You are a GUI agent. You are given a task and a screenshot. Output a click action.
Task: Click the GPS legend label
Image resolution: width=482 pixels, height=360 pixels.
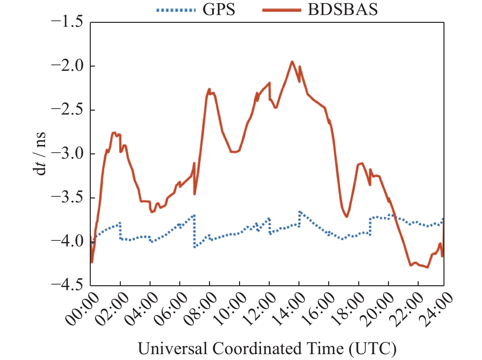[x=218, y=9]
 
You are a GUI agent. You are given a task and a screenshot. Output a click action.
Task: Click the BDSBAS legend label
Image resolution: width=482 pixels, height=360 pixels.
[x=343, y=9]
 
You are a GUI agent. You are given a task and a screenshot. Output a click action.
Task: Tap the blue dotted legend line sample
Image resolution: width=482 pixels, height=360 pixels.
[x=176, y=10]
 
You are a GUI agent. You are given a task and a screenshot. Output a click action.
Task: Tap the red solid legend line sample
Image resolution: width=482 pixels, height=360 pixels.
[x=281, y=10]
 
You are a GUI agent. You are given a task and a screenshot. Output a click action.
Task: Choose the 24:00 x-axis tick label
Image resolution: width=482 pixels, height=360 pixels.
[x=438, y=308]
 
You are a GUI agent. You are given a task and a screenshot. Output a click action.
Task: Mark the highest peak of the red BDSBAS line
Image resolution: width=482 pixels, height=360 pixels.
[x=292, y=61]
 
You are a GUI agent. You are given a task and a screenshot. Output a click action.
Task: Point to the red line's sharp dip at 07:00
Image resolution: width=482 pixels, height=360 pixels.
[x=195, y=194]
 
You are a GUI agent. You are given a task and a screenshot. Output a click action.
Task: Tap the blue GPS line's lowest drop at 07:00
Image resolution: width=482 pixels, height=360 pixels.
[x=195, y=247]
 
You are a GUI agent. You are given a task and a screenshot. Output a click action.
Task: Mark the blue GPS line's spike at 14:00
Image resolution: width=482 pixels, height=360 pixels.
[x=299, y=212]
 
